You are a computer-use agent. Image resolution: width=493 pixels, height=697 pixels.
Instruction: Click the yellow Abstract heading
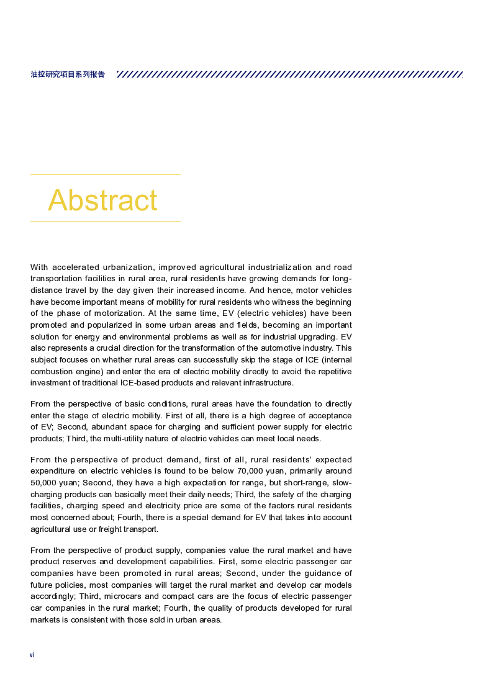[102, 200]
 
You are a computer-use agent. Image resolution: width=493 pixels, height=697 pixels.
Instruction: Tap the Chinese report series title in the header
[68, 74]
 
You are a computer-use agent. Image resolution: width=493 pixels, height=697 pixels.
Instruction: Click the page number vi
[32, 655]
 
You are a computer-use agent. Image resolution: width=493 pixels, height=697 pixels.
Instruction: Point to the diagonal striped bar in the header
[289, 74]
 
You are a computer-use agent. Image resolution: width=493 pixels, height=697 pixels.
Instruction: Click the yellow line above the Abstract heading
[106, 174]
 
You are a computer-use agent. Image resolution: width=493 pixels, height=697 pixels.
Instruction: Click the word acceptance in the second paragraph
[328, 415]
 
